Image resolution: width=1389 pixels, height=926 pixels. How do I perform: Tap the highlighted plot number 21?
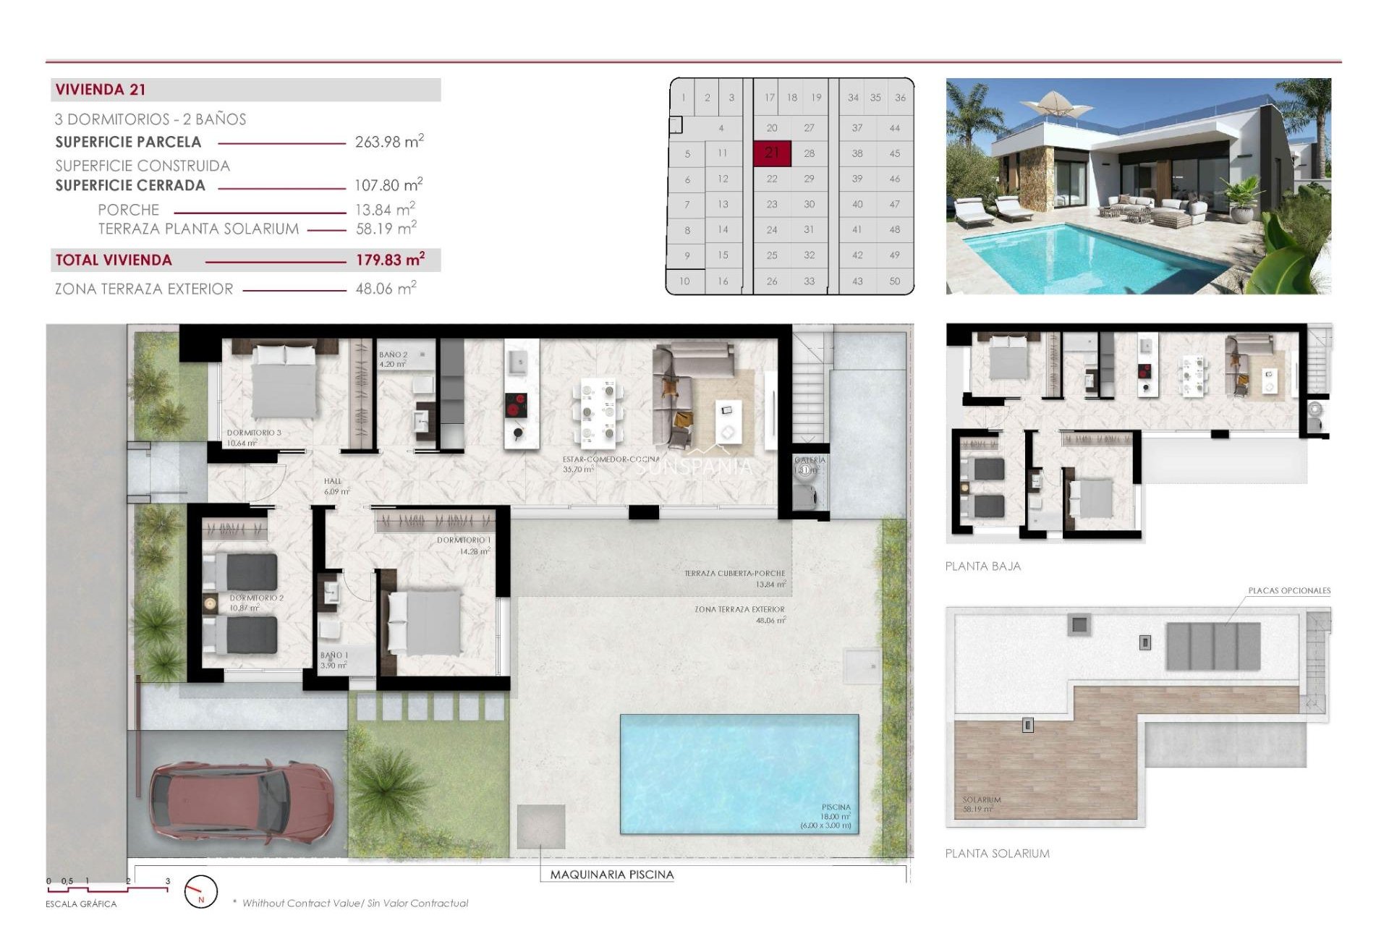point(772,153)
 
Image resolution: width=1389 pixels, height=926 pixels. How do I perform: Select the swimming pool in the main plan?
point(738,774)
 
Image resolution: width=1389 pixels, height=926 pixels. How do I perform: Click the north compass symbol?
point(200,892)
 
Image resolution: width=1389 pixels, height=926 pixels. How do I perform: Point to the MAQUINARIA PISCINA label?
point(611,875)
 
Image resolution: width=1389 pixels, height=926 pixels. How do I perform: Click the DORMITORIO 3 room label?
point(253,433)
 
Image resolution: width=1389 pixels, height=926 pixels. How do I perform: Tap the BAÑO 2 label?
point(393,355)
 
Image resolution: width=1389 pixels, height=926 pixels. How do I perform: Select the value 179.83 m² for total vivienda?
point(389,260)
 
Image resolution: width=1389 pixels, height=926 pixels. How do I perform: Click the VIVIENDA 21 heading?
point(101,90)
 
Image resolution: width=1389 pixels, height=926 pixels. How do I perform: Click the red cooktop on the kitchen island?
point(516,405)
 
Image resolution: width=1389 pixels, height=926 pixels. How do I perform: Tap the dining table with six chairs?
point(598,412)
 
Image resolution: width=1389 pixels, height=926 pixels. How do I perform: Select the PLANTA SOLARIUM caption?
point(997,854)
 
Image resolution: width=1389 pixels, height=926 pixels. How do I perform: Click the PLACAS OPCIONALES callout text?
point(1288,591)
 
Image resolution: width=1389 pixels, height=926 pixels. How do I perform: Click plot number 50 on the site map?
point(894,281)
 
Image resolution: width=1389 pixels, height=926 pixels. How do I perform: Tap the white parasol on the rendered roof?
point(1056,103)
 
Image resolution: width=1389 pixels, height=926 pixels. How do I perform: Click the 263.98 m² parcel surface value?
point(388,142)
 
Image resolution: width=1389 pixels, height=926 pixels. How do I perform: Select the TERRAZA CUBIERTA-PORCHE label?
point(734,573)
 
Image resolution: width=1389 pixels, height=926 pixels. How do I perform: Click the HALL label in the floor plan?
point(332,481)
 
